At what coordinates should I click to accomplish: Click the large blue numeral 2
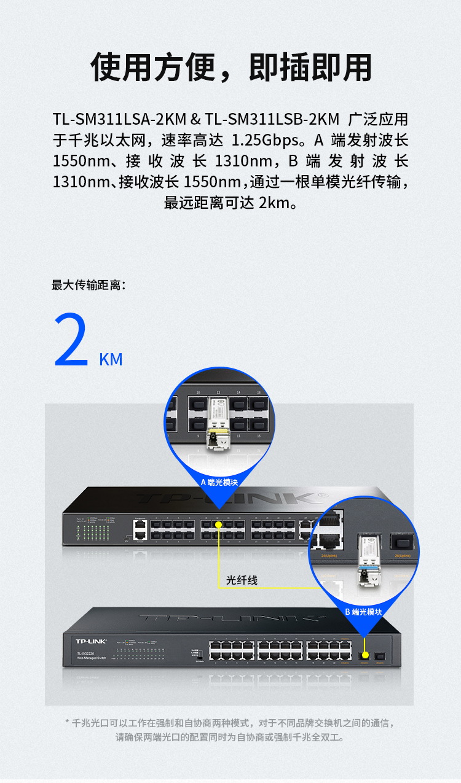pyautogui.click(x=71, y=341)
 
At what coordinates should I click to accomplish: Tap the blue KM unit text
pyautogui.click(x=111, y=359)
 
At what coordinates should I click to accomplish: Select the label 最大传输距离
pyautogui.click(x=89, y=285)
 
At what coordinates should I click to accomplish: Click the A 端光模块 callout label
pyautogui.click(x=219, y=482)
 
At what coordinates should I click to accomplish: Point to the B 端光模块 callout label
pyautogui.click(x=363, y=612)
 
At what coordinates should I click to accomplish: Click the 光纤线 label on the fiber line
pyautogui.click(x=242, y=580)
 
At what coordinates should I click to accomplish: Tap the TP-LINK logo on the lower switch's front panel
pyautogui.click(x=91, y=641)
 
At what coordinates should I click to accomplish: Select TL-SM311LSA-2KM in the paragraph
pyautogui.click(x=119, y=119)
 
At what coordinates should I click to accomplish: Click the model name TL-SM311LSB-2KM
pyautogui.click(x=272, y=119)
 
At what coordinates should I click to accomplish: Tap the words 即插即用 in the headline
pyautogui.click(x=310, y=68)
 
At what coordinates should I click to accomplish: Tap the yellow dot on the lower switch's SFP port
pyautogui.click(x=365, y=655)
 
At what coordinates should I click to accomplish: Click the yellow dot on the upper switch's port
pyautogui.click(x=219, y=526)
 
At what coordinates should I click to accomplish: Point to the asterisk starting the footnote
pyautogui.click(x=68, y=723)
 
